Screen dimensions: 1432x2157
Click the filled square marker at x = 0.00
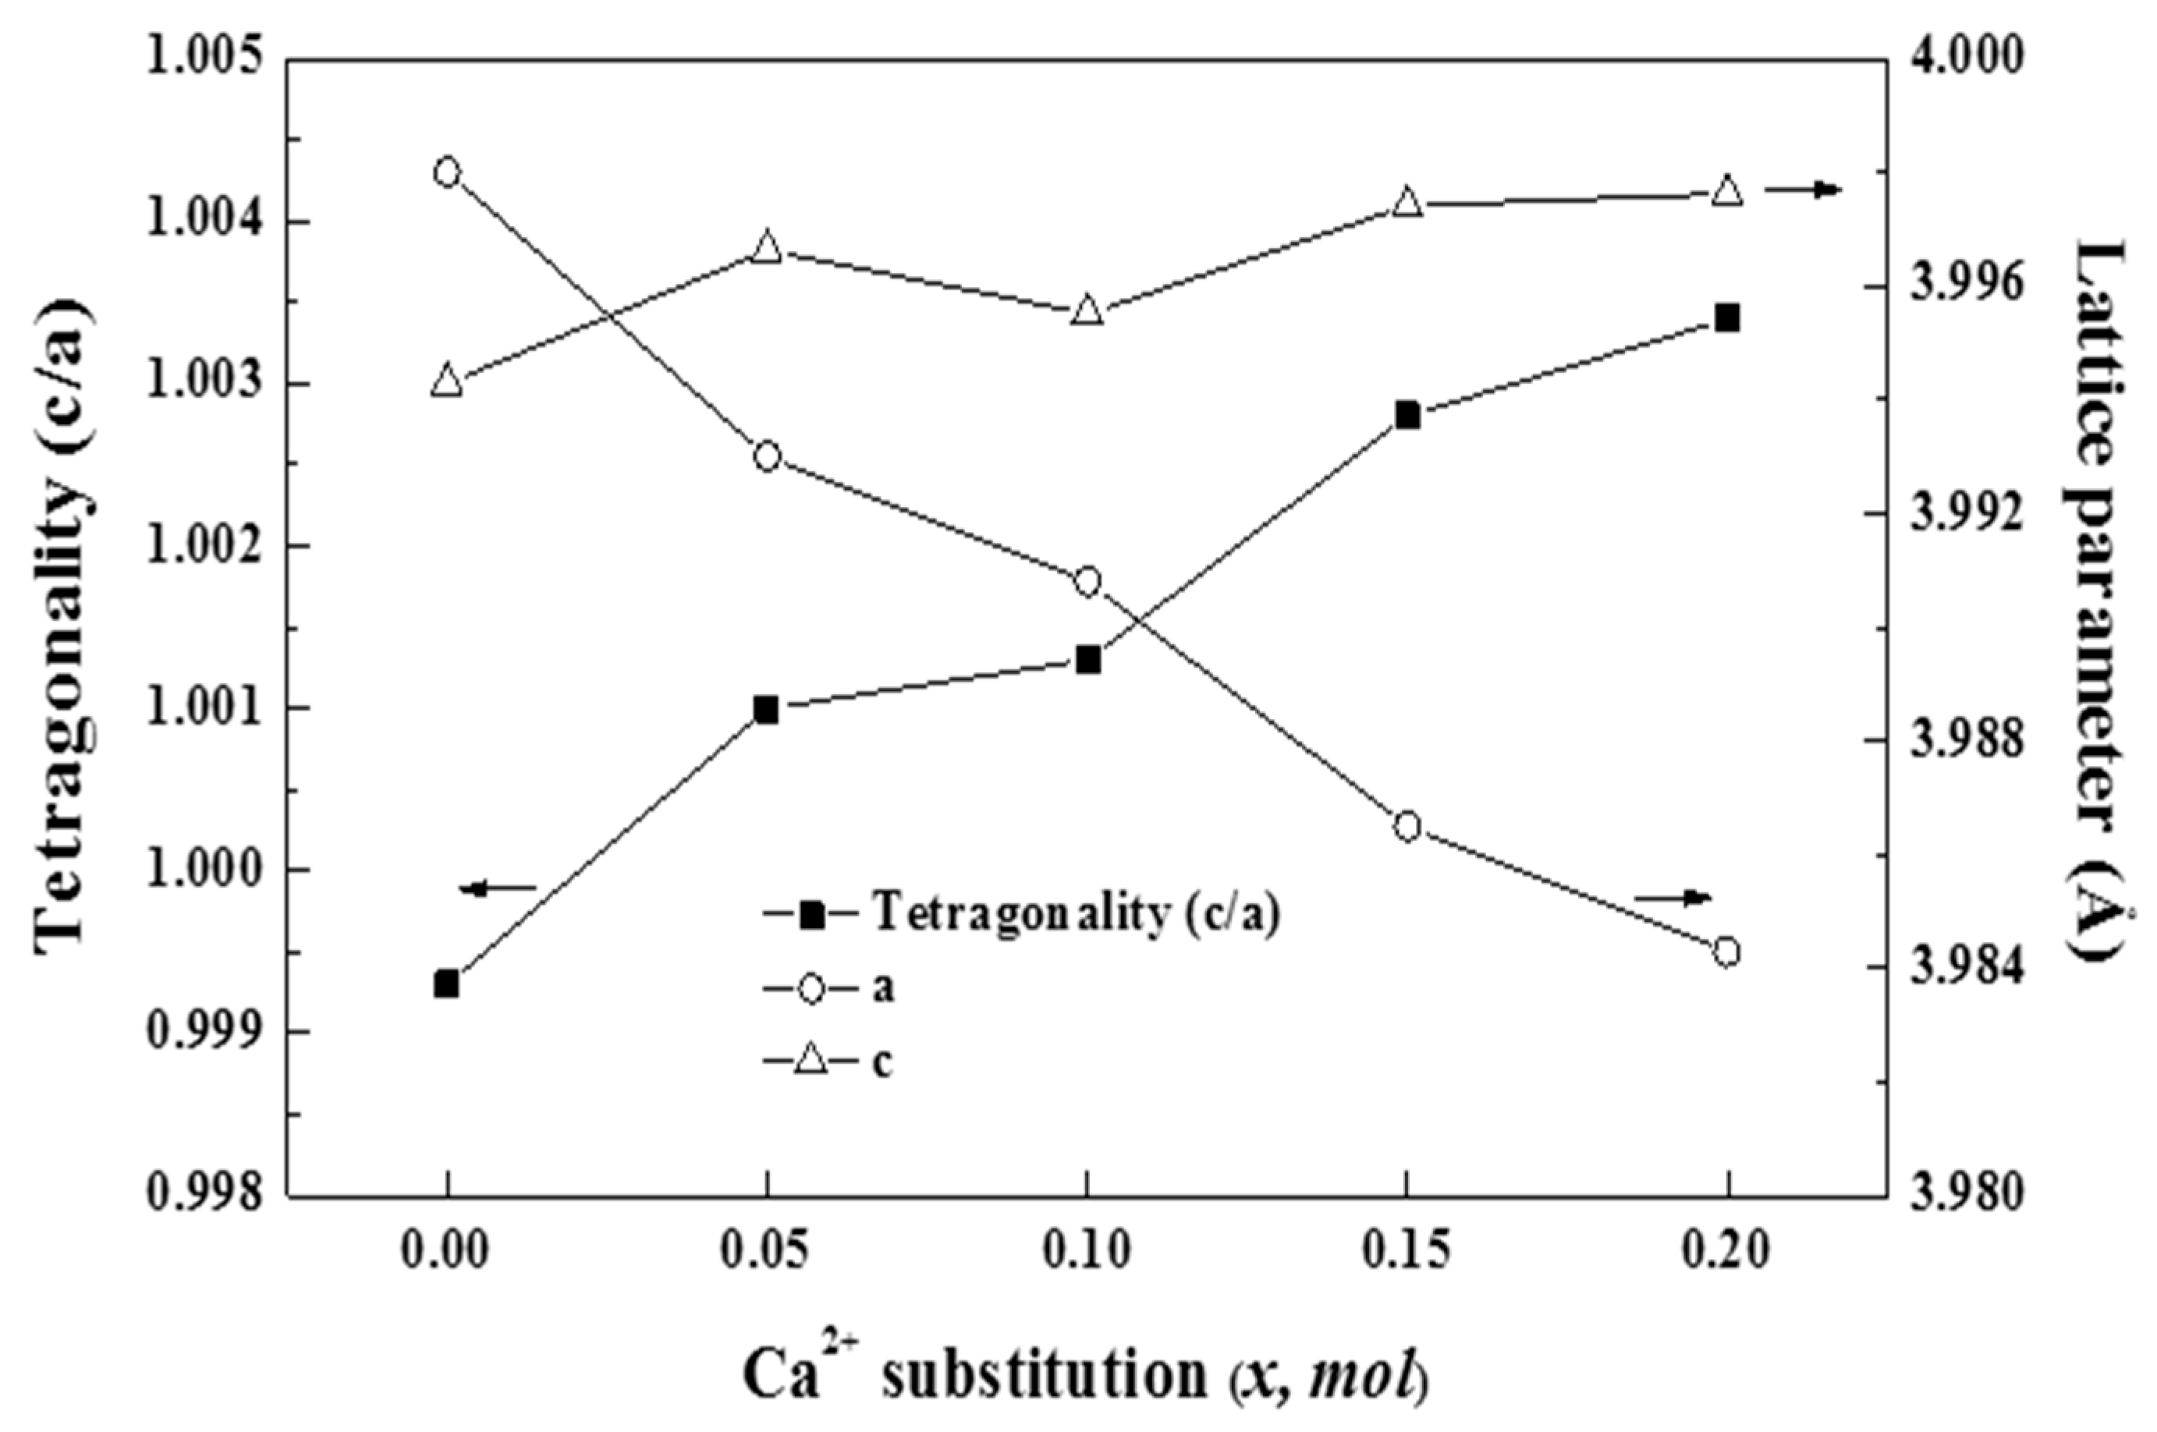[x=446, y=984]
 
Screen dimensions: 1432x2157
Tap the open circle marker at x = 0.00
[x=446, y=172]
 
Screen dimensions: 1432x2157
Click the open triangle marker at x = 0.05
[x=767, y=247]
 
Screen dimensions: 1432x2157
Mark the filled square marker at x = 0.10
[x=1087, y=659]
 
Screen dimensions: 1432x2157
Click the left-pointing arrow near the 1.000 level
[x=498, y=887]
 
